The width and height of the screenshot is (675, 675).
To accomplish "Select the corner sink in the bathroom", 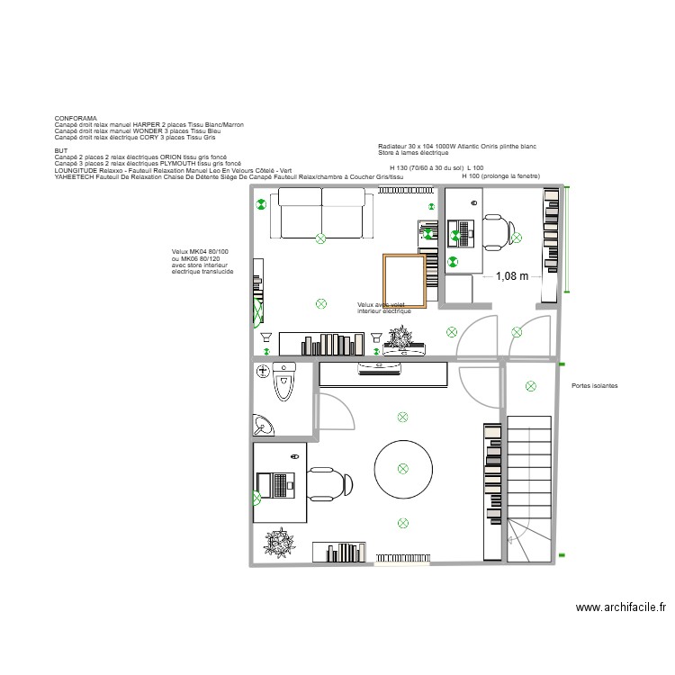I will click(x=264, y=424).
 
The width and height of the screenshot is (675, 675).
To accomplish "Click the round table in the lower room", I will click(x=402, y=468).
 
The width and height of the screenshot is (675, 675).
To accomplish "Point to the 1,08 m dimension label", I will click(x=511, y=277).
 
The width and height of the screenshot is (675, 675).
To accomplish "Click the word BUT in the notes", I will click(x=60, y=150).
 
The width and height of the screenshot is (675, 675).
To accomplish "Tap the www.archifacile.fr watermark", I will click(x=621, y=607).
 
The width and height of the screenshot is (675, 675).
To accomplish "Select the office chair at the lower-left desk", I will click(x=327, y=486).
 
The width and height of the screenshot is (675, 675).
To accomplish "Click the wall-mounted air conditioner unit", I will click(x=381, y=367).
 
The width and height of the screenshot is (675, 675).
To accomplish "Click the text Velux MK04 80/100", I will click(x=200, y=251).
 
